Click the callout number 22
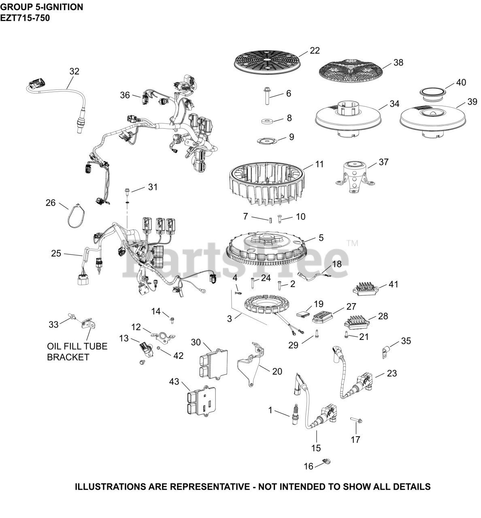315,51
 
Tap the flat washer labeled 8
267,121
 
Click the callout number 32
74,71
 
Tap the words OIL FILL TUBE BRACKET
77,352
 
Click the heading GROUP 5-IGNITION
42,7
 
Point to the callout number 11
320,164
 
